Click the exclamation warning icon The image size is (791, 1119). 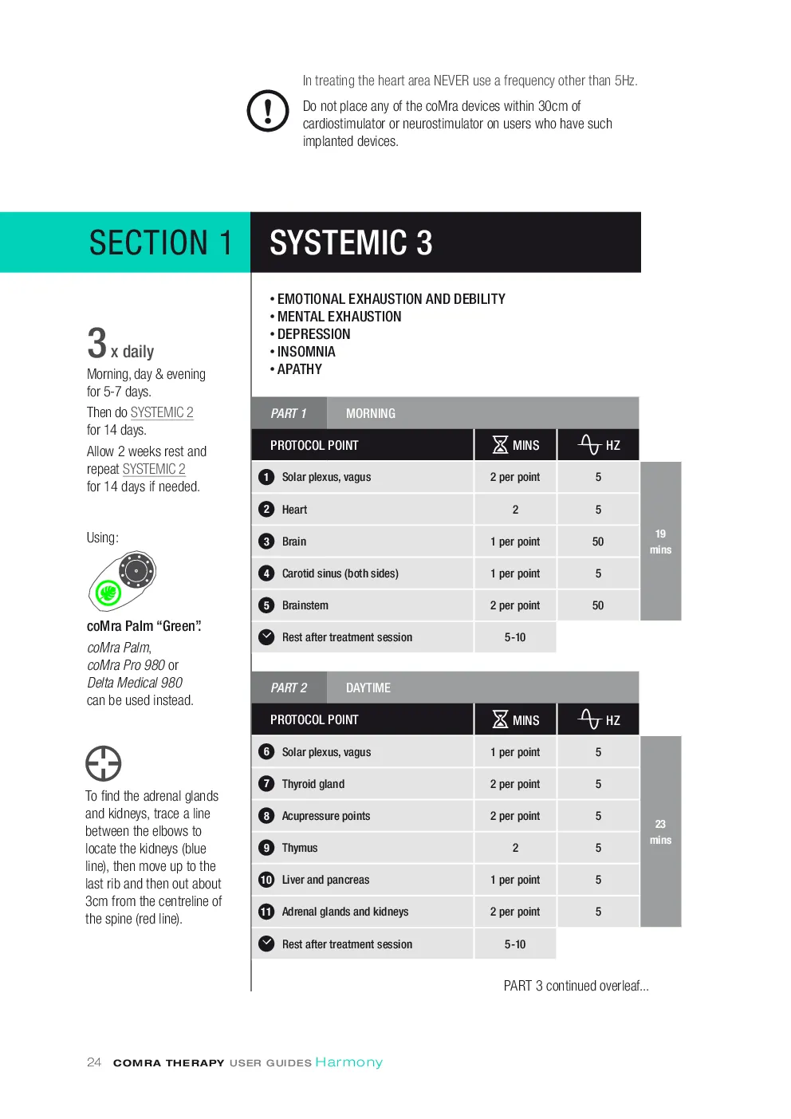[x=268, y=110]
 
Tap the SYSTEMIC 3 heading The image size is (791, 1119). [x=351, y=242]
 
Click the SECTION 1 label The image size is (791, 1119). [x=161, y=242]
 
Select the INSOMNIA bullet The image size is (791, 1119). [x=303, y=352]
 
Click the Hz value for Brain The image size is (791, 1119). [x=598, y=542]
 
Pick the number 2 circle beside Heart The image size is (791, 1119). [x=266, y=509]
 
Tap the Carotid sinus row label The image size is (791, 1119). [x=340, y=573]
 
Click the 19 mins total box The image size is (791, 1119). [x=660, y=541]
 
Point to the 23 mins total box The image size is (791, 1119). [x=660, y=832]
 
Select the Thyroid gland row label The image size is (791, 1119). [x=313, y=784]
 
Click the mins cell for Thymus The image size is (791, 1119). [x=515, y=848]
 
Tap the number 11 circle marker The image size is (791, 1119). [x=266, y=912]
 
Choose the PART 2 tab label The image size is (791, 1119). [x=289, y=688]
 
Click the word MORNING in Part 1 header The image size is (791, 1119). [x=371, y=414]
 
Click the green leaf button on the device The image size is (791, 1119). [x=108, y=593]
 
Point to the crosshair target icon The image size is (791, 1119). [x=104, y=763]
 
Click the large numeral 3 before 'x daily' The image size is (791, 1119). [x=96, y=343]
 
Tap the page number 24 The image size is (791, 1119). [x=94, y=1062]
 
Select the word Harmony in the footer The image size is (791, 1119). [x=348, y=1062]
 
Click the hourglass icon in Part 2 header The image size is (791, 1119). [x=500, y=719]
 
